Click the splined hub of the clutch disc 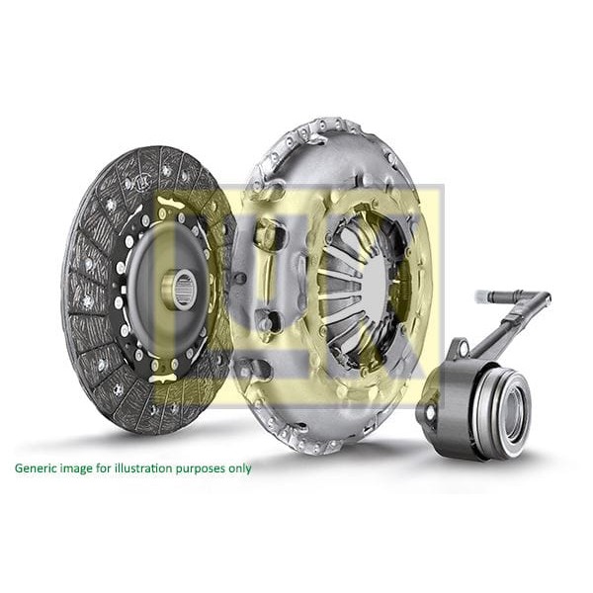181,288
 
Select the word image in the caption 78,467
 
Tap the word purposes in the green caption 199,467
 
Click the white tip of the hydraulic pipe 481,296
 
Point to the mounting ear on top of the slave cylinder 458,348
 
